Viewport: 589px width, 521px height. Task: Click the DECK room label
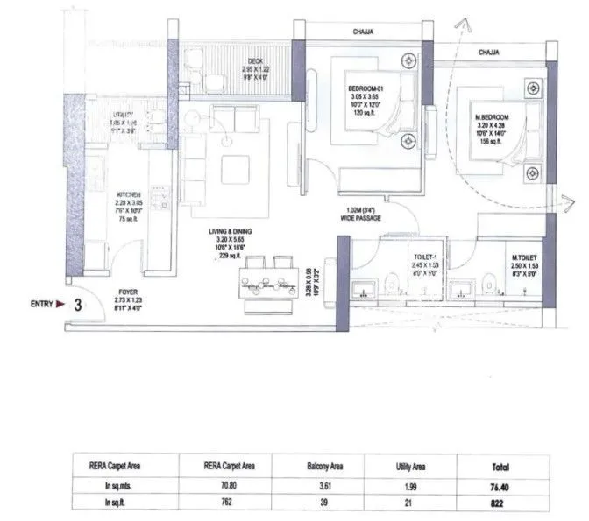pos(231,60)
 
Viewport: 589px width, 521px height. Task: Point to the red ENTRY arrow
pos(60,305)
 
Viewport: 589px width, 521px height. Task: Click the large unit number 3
pos(78,306)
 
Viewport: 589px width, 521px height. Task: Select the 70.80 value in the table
pos(225,487)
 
